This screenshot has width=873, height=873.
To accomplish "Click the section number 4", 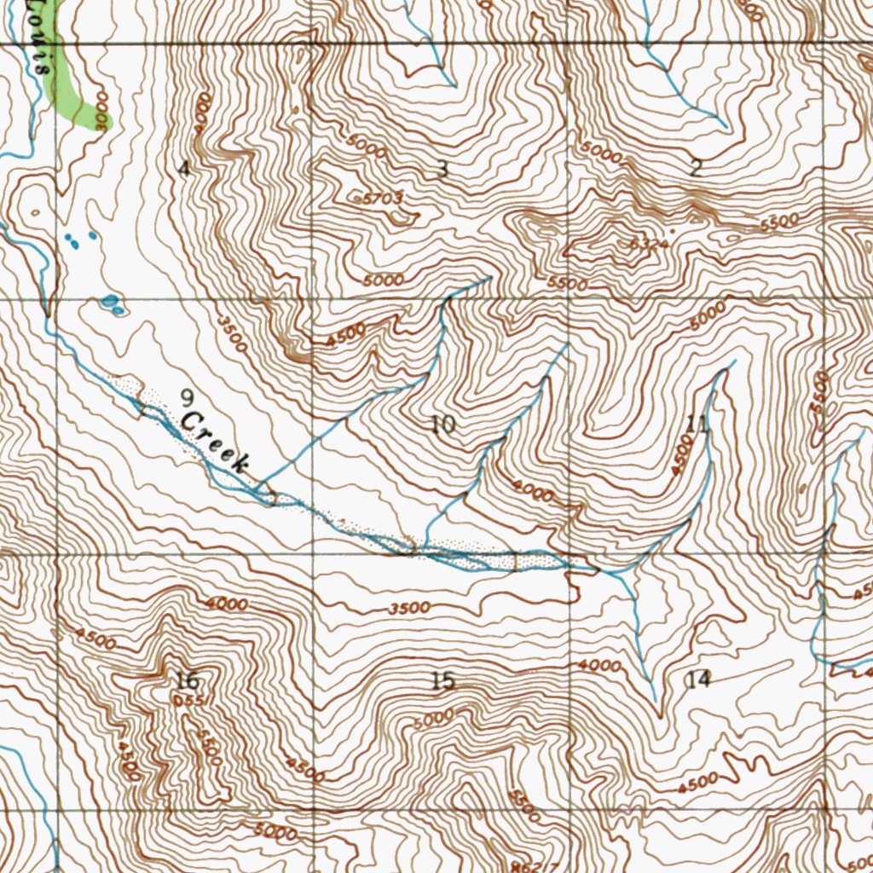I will (183, 169).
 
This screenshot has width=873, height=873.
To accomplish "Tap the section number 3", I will (442, 169).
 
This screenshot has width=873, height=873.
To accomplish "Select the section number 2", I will (696, 168).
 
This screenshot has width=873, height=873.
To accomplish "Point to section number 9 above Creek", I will (187, 396).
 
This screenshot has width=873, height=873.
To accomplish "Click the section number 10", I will (442, 424).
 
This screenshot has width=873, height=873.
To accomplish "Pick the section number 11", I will (697, 422).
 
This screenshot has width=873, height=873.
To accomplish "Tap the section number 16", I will (187, 680).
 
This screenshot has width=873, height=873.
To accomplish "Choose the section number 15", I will (442, 680).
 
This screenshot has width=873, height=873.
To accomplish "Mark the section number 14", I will (697, 679).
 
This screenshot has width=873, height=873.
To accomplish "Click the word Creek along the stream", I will (215, 442).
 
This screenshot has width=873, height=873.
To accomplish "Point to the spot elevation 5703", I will (381, 198).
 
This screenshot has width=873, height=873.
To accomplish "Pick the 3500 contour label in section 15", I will (408, 609).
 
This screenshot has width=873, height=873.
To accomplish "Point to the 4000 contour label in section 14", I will (599, 665).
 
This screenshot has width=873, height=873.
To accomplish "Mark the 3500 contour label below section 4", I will (232, 335).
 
